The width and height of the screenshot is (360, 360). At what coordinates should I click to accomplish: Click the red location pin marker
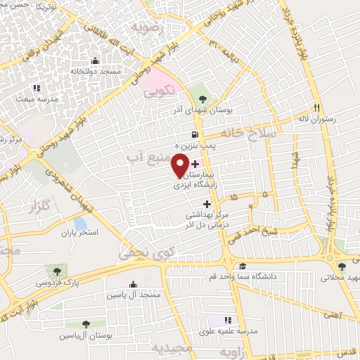coord(180,165)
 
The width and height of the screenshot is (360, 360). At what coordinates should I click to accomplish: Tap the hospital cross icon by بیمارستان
coord(195,164)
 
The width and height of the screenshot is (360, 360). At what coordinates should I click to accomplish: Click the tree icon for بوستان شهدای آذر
coord(202,98)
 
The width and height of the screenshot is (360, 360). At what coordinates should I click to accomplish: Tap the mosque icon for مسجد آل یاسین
coord(133,284)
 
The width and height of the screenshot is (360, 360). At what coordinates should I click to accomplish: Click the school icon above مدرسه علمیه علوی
coord(227,320)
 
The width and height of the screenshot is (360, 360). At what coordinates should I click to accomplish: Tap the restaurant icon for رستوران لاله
coord(317,108)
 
